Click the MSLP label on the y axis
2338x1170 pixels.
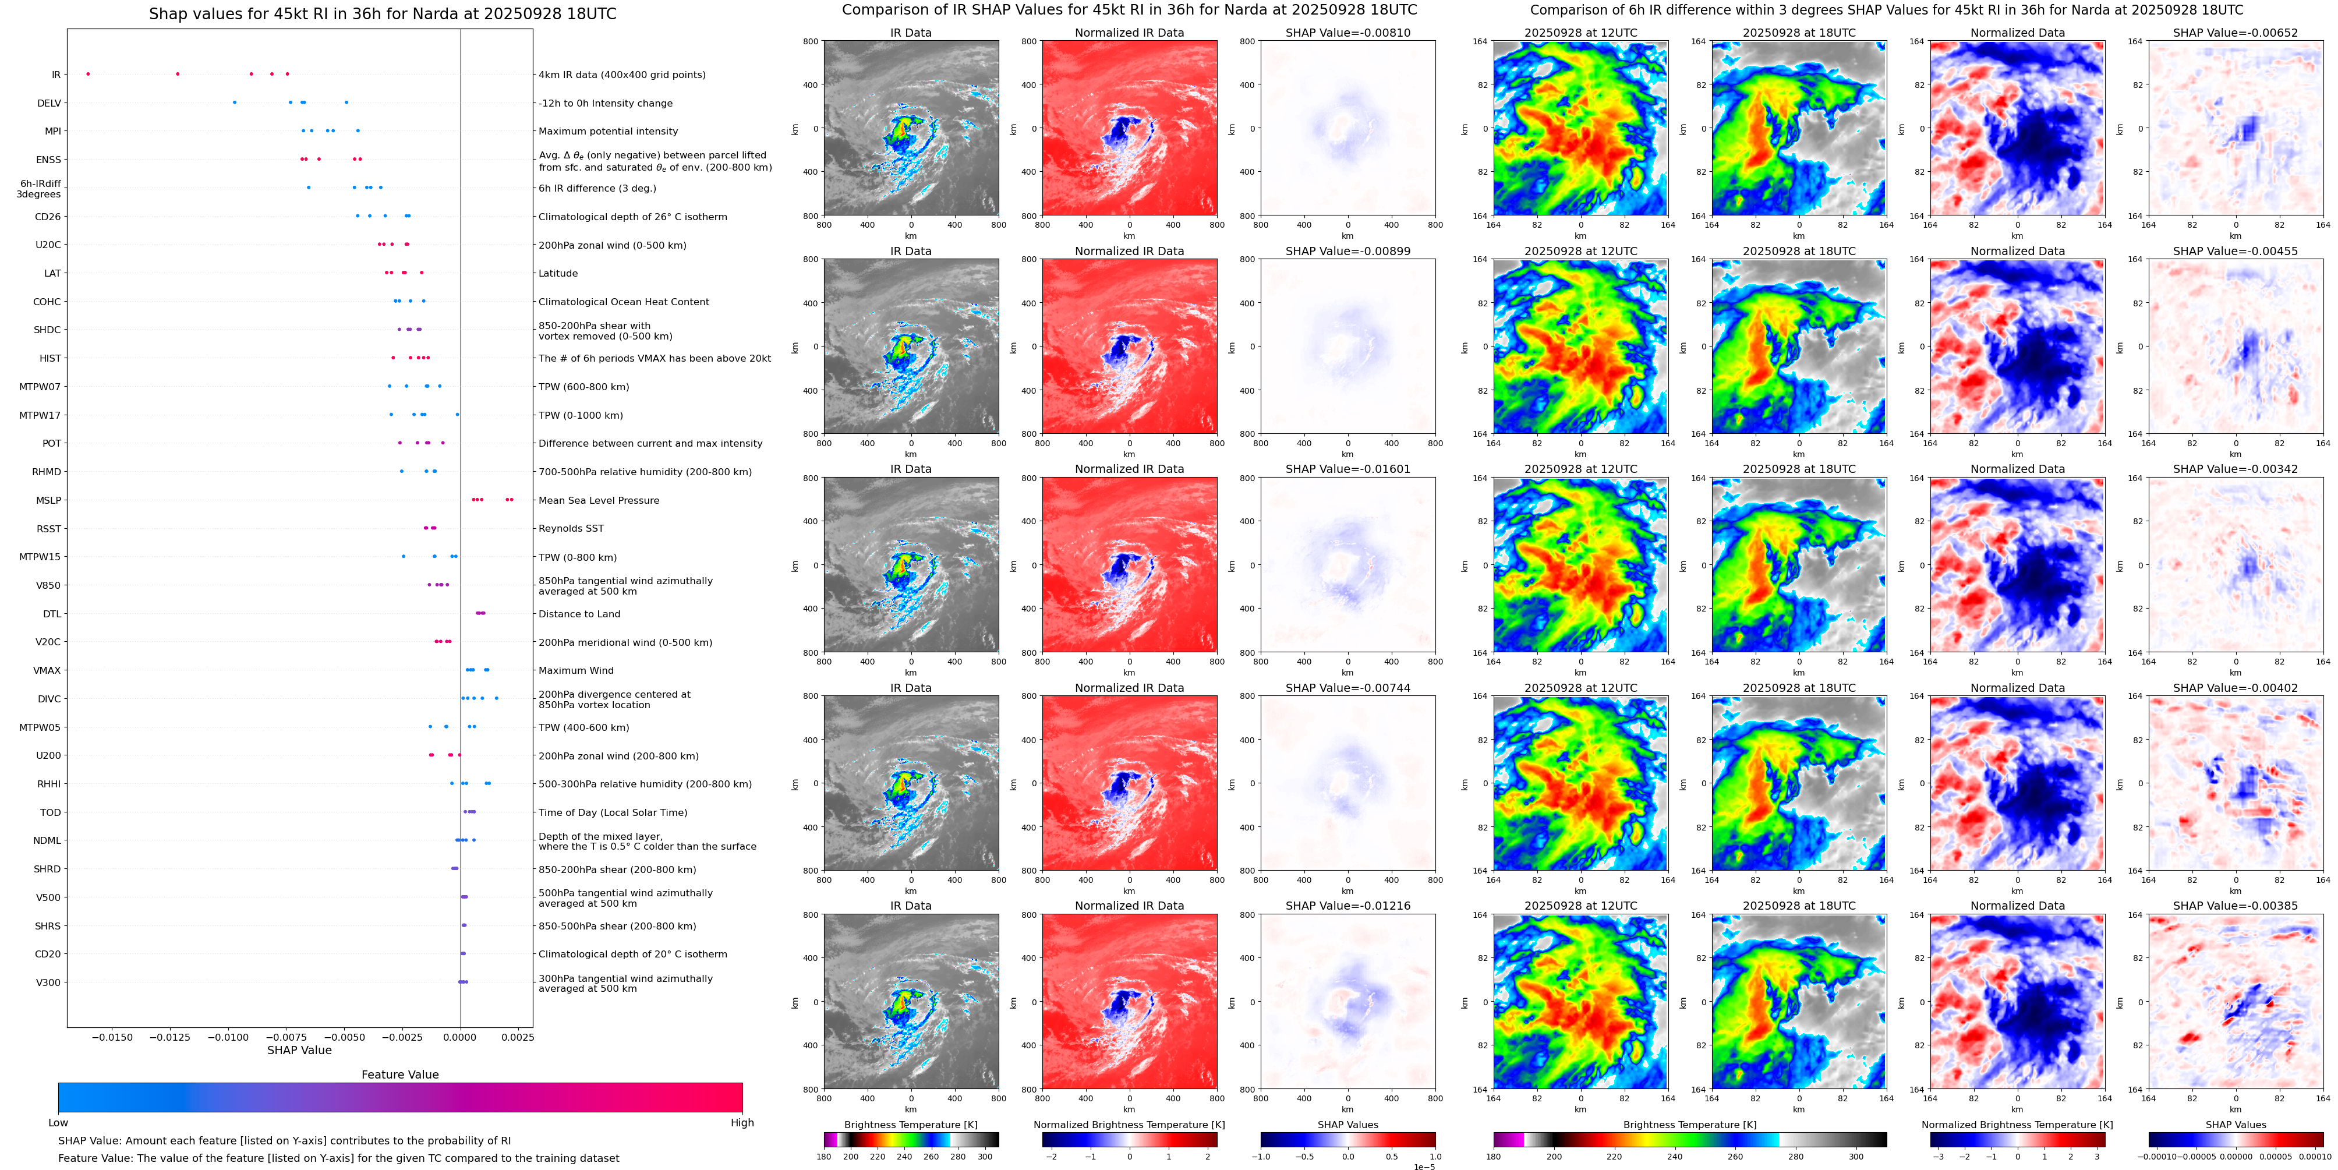pos(48,500)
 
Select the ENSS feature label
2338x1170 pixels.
pos(48,160)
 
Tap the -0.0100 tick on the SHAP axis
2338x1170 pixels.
pos(228,1037)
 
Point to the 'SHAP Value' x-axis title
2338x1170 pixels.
pos(299,1050)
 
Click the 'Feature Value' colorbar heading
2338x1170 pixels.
pos(399,1074)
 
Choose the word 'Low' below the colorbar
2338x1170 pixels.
pos(58,1123)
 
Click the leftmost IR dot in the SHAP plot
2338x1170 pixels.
pos(88,73)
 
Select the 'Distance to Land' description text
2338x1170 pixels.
pos(579,614)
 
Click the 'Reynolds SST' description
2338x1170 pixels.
pos(570,528)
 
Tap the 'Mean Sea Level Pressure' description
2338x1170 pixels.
pos(598,500)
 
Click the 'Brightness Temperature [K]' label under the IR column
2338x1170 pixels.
pos(910,1125)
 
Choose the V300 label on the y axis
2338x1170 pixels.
pos(48,982)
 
